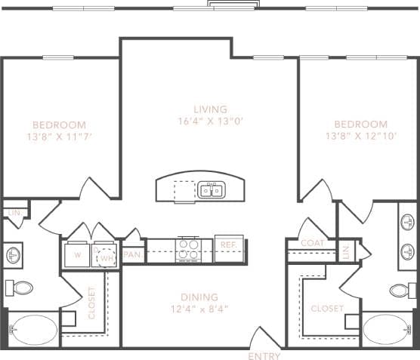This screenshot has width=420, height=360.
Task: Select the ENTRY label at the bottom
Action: click(x=264, y=355)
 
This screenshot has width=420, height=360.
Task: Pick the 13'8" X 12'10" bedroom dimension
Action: click(x=360, y=137)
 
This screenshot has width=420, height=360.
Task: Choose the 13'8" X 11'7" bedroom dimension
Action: click(x=59, y=137)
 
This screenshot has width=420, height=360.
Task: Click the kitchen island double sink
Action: click(x=212, y=189)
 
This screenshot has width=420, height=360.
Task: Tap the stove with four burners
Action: click(x=188, y=248)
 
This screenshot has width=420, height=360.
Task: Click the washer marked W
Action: click(x=77, y=254)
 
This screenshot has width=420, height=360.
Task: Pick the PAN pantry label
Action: click(x=132, y=254)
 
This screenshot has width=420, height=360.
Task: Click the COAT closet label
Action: click(x=312, y=243)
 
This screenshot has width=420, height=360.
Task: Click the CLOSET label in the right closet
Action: click(x=326, y=309)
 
